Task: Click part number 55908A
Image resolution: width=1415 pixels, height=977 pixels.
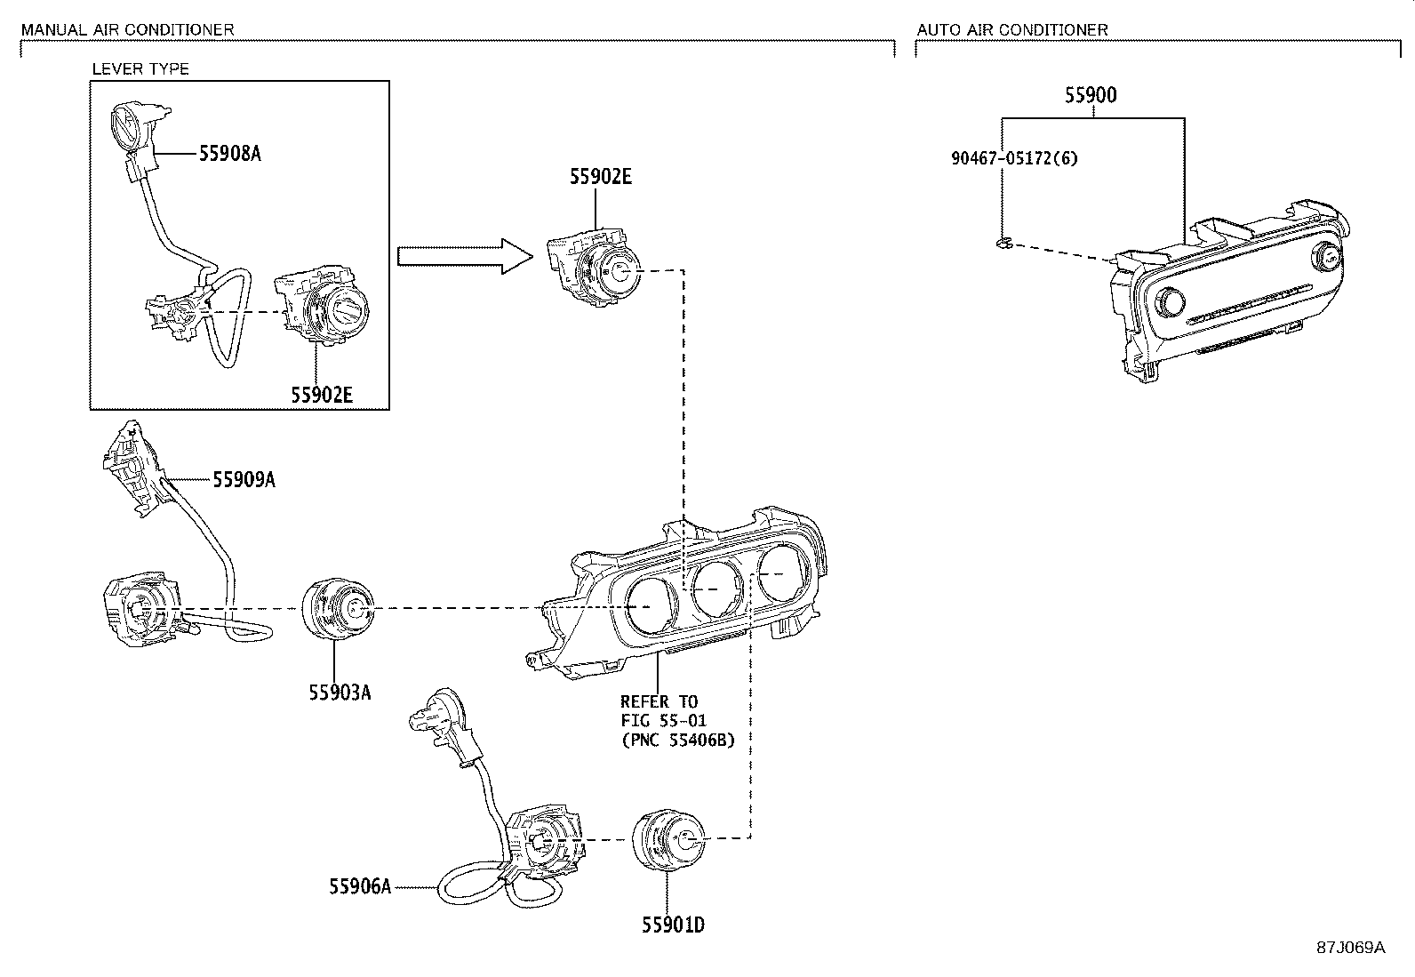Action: (229, 154)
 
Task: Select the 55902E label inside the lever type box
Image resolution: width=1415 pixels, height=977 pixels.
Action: (321, 394)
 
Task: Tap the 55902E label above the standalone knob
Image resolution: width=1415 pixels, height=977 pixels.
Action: (601, 177)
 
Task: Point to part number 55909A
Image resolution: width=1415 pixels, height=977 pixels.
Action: (244, 480)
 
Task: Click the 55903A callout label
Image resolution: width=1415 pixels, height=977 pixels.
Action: (340, 692)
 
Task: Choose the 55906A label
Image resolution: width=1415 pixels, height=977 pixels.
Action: (359, 886)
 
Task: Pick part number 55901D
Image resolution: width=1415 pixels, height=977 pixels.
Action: (673, 925)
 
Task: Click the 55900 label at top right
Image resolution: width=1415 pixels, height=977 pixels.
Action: (1091, 95)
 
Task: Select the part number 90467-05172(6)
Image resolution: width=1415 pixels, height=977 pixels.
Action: (1014, 159)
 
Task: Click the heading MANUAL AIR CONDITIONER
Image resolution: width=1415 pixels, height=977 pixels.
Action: (127, 29)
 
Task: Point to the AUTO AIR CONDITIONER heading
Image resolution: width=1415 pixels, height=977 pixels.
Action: (1012, 29)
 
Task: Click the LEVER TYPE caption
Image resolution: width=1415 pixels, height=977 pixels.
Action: (141, 68)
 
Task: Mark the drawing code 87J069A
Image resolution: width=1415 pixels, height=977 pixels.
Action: (1350, 947)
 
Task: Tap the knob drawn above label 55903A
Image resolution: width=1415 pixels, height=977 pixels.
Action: (340, 611)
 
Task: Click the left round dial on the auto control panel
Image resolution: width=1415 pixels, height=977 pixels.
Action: (1171, 305)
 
